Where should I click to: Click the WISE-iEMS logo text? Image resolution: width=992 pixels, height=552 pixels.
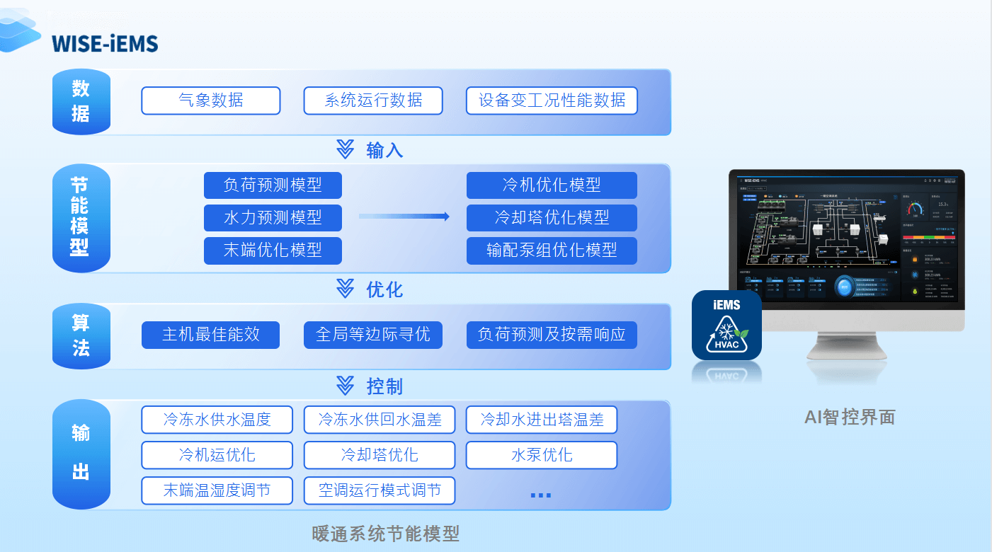click(104, 44)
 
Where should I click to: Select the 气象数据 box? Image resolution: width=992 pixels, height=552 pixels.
click(211, 100)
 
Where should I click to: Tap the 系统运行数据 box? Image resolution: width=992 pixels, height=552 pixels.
click(373, 100)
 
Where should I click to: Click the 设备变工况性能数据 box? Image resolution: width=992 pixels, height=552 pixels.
click(552, 100)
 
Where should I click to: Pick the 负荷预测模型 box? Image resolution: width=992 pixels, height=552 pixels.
click(273, 185)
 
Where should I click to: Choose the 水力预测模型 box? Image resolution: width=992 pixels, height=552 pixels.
click(273, 218)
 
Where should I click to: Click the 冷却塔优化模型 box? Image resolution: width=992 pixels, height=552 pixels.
click(552, 218)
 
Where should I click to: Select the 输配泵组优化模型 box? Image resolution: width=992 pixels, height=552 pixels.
click(552, 251)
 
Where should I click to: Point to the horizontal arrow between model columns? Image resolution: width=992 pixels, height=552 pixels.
click(404, 217)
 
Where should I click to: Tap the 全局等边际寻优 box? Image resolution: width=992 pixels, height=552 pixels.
click(373, 335)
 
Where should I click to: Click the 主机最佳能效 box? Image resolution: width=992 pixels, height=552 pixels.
click(211, 335)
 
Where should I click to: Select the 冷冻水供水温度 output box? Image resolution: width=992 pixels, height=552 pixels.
click(217, 420)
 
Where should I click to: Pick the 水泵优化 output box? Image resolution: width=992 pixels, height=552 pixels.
click(542, 455)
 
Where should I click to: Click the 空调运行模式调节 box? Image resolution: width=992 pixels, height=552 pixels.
click(380, 490)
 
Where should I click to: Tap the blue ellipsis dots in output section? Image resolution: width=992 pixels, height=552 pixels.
click(540, 495)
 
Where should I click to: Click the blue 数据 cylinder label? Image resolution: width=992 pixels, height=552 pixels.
click(81, 101)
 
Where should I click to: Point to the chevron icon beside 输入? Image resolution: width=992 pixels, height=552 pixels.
click(345, 149)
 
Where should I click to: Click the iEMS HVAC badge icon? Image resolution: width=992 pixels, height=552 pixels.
click(726, 325)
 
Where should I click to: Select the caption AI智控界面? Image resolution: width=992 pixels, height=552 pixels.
click(850, 418)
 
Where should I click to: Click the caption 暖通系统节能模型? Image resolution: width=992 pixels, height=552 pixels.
click(386, 534)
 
